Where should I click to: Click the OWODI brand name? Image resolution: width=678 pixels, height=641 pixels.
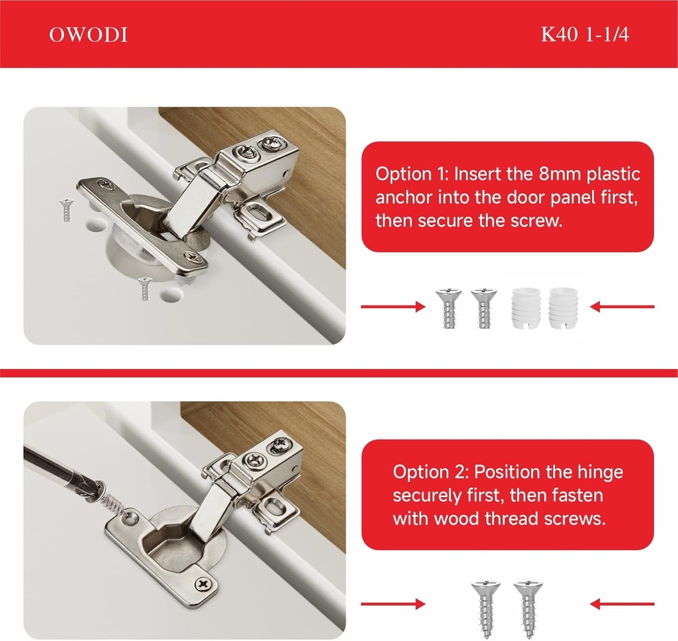coord(88,35)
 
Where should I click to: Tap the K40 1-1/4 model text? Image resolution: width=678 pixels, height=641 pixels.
coord(585,35)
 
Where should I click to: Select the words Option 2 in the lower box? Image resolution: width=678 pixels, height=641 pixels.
coord(430,472)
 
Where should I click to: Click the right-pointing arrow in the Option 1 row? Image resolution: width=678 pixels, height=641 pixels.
coord(393,307)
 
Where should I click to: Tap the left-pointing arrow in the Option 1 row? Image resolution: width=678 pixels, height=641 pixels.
coord(622,307)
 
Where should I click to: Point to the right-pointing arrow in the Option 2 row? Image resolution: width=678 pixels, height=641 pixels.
coord(393,604)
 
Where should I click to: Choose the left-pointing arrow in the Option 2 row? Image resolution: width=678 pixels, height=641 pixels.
coord(622,604)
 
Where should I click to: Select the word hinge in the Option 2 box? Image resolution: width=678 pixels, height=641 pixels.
coord(599,472)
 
